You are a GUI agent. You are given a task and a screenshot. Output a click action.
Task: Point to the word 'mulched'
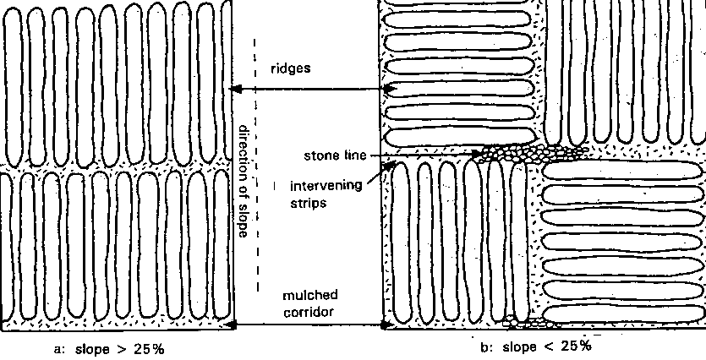[310, 295]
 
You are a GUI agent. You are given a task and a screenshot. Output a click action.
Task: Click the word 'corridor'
[310, 312]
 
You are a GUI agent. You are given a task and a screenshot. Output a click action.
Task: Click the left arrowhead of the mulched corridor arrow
[234, 324]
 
